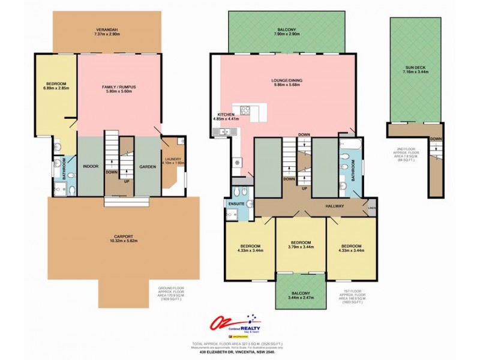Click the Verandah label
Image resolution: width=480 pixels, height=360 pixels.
[x=107, y=31]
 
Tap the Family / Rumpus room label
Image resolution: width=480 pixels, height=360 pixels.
[x=118, y=87]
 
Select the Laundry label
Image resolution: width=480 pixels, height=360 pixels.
[x=173, y=159]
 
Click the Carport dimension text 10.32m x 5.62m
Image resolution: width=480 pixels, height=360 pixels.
[x=124, y=241]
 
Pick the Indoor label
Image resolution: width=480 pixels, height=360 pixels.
[x=91, y=166]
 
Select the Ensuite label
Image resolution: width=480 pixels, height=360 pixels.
[x=235, y=204]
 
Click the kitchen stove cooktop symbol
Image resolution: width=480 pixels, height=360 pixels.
[x=245, y=110]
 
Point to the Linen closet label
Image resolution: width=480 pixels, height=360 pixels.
[x=372, y=209]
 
